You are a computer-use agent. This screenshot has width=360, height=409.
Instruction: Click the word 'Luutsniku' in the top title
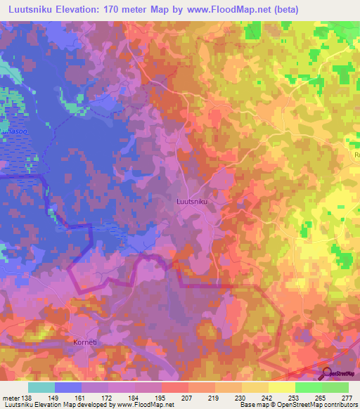point(32,9)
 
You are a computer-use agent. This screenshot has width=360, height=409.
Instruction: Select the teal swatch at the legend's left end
point(41,387)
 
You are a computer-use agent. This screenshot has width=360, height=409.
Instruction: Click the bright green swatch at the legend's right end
point(335,387)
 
